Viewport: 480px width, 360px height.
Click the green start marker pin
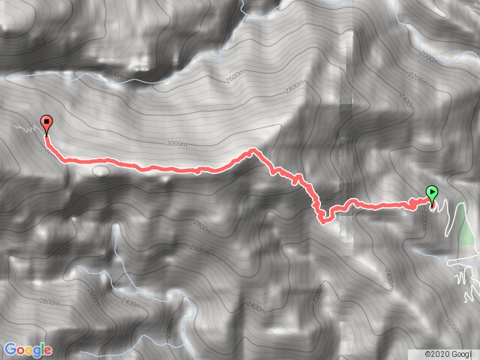pos(432,193)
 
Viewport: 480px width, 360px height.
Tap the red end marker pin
pos(46,123)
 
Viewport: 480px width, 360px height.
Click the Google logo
pos(28,349)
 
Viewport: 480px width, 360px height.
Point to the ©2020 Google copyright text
pos(448,354)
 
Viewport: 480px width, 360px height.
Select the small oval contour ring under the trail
pos(100,170)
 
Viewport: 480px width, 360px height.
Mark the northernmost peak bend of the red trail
pos(253,151)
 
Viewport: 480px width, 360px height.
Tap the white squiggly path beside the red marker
pos(27,129)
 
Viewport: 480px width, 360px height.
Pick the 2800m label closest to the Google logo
pos(49,302)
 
